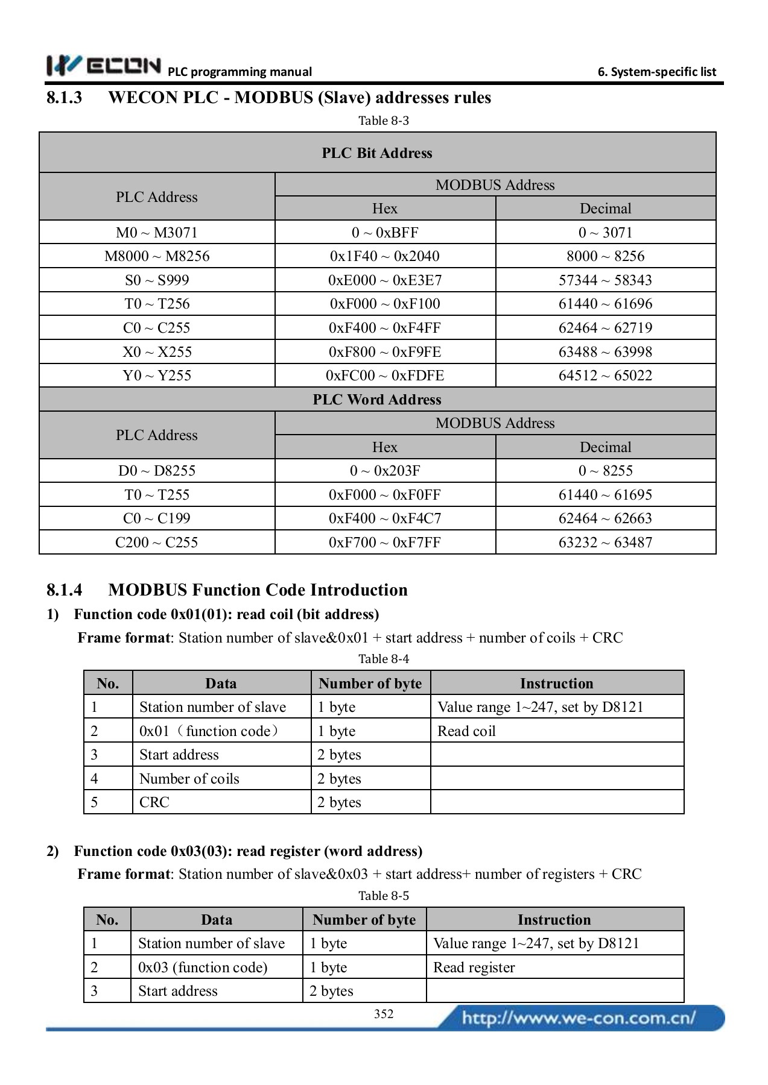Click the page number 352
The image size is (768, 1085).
(384, 1014)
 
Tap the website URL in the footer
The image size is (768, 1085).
(579, 1018)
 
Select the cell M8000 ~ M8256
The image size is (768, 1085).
(157, 256)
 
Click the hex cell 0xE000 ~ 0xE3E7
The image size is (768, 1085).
(385, 280)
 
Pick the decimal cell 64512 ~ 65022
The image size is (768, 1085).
(605, 376)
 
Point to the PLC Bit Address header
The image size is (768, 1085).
(377, 153)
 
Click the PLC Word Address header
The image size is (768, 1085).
(377, 400)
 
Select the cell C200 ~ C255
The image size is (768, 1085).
(157, 542)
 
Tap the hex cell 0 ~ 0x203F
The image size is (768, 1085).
(385, 471)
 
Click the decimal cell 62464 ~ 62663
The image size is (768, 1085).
(605, 518)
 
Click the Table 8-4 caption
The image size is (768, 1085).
(384, 659)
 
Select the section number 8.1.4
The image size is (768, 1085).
(65, 590)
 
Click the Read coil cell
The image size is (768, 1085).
(466, 731)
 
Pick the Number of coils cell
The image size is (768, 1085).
(189, 779)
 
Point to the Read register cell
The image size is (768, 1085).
(474, 967)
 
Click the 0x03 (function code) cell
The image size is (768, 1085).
(203, 967)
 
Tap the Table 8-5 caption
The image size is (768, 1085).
(384, 896)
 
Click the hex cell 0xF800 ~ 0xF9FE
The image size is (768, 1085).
(385, 352)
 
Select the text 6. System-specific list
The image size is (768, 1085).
(656, 72)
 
